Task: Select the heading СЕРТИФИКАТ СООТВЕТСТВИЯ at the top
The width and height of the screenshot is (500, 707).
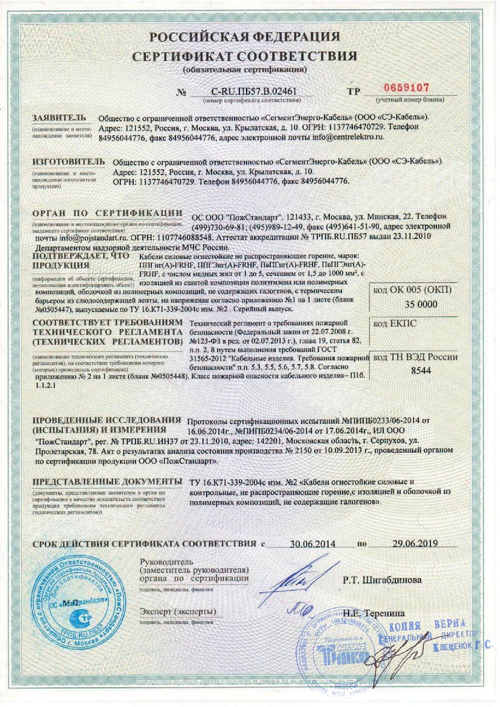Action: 245,57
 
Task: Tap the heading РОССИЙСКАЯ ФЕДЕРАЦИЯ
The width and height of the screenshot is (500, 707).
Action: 245,37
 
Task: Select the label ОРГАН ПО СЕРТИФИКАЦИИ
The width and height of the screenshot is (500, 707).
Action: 107,213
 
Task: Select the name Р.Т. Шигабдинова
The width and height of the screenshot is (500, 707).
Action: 382,580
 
